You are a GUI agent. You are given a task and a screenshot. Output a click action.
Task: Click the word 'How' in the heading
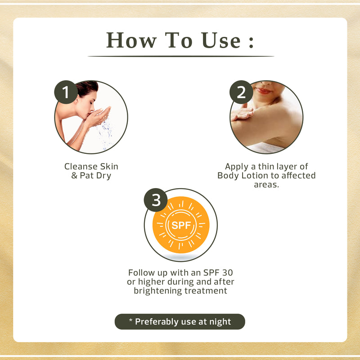tap(131, 40)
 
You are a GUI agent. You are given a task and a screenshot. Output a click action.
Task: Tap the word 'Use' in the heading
tap(221, 40)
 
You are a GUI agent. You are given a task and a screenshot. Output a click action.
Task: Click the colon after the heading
tap(251, 41)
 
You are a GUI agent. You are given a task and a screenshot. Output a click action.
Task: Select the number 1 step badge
tap(66, 92)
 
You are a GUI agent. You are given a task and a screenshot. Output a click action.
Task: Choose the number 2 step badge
tap(241, 92)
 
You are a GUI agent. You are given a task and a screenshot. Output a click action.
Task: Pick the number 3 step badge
tap(156, 200)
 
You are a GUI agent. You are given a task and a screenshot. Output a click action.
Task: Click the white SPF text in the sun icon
tap(181, 225)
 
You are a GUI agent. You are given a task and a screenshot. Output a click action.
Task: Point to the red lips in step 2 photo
tap(263, 91)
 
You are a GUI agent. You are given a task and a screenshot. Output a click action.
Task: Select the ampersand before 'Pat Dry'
tap(74, 175)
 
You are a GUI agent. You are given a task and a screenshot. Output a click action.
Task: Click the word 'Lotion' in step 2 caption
tap(255, 175)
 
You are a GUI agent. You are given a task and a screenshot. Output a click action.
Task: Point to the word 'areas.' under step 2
tap(266, 184)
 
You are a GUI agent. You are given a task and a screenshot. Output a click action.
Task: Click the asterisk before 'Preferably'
tap(130, 320)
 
